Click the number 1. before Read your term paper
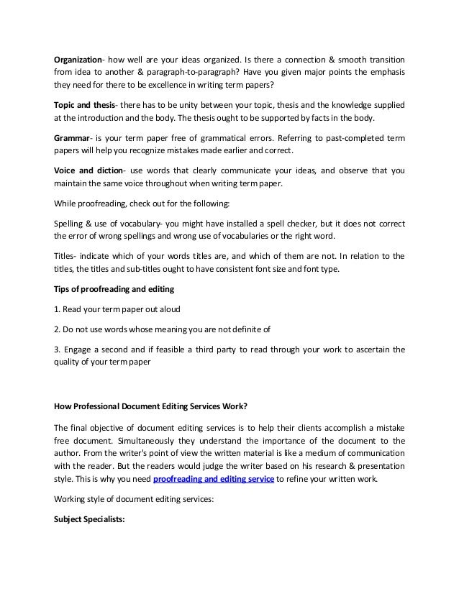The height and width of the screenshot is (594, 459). click(x=58, y=310)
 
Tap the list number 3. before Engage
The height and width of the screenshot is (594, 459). click(x=58, y=350)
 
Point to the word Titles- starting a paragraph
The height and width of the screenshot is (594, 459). click(x=67, y=257)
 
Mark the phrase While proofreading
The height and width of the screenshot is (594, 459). click(x=86, y=202)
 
